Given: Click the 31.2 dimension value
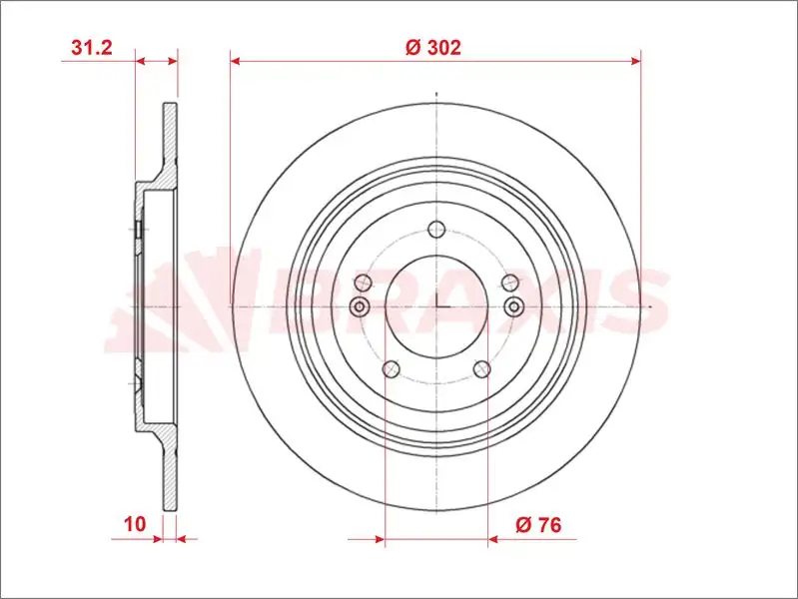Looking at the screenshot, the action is point(92,47).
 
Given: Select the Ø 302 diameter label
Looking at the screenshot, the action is point(433,47).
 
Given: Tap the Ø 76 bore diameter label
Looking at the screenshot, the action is point(538,524).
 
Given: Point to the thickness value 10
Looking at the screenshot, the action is point(135,524).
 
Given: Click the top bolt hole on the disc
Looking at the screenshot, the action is point(436,230).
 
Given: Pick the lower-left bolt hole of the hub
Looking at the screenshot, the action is point(391,369).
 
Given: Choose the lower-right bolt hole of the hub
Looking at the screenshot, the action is point(482,369).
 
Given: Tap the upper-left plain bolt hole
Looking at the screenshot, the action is point(363,282).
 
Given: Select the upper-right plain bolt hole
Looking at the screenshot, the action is point(510,282).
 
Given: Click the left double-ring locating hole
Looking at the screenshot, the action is point(360,306).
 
